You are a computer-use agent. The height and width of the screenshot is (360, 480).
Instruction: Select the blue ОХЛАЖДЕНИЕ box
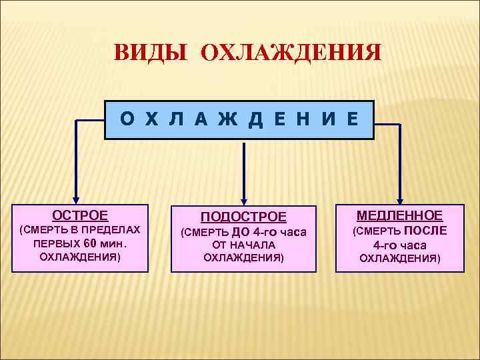(x=239, y=119)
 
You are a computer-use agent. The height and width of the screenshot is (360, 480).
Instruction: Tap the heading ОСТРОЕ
(x=80, y=215)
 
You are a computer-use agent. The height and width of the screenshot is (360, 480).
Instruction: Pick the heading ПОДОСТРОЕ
(x=243, y=217)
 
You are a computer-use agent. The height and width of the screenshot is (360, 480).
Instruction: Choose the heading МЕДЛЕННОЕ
(x=399, y=215)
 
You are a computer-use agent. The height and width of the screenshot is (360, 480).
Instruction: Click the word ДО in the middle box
(x=241, y=232)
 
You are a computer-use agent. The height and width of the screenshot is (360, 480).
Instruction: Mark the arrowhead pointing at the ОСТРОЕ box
(x=76, y=198)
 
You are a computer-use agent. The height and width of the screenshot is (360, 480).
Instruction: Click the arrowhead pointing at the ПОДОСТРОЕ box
(x=244, y=198)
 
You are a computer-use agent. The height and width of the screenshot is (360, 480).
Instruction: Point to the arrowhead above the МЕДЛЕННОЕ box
(x=400, y=198)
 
